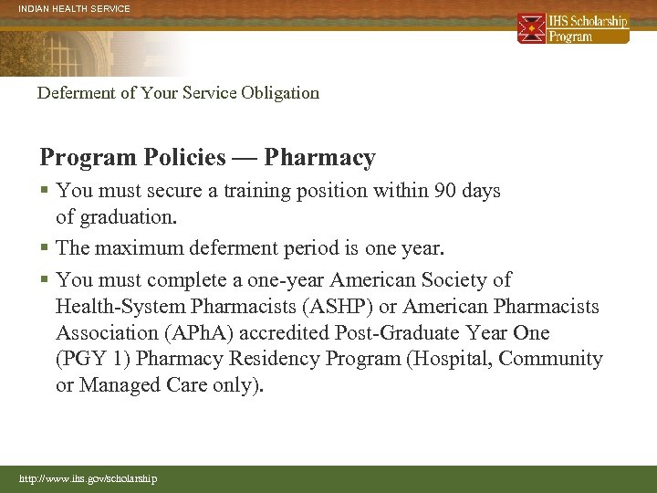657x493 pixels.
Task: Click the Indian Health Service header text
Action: tap(75, 8)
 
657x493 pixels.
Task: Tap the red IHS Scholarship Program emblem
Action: tap(531, 28)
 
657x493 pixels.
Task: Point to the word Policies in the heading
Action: tap(183, 158)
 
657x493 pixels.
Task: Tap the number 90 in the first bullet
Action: tap(437, 191)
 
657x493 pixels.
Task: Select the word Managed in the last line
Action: tap(118, 385)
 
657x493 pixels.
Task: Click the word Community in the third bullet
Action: tap(550, 359)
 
